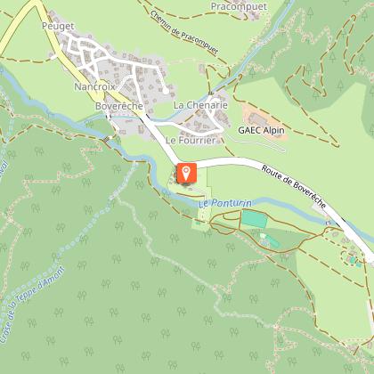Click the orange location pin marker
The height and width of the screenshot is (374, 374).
click(x=187, y=173)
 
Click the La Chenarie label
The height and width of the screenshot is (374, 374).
click(x=200, y=105)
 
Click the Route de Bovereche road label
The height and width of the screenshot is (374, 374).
click(x=295, y=187)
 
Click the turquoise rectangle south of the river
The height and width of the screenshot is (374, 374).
click(x=253, y=219)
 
